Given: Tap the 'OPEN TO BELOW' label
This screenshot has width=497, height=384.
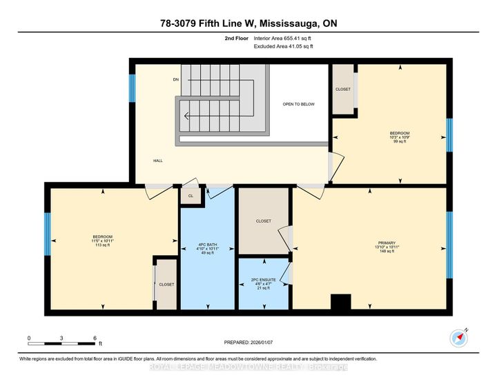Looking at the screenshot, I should tap(298, 104).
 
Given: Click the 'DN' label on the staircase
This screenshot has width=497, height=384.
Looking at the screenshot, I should tap(176, 79).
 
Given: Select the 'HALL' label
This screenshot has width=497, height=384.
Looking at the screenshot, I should tap(158, 161).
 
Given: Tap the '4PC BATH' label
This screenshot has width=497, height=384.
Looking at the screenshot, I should tap(208, 245).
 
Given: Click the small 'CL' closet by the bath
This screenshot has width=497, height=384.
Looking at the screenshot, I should tap(190, 196).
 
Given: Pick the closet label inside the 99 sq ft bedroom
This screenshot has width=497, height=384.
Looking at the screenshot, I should tap(343, 89).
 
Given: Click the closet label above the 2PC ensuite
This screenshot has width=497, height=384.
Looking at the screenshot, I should tap(263, 221).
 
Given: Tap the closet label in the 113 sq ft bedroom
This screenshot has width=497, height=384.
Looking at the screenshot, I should tap(166, 284).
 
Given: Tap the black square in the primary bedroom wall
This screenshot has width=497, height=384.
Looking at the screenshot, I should tap(341, 303).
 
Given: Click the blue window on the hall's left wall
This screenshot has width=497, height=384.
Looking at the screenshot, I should tap(132, 88).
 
